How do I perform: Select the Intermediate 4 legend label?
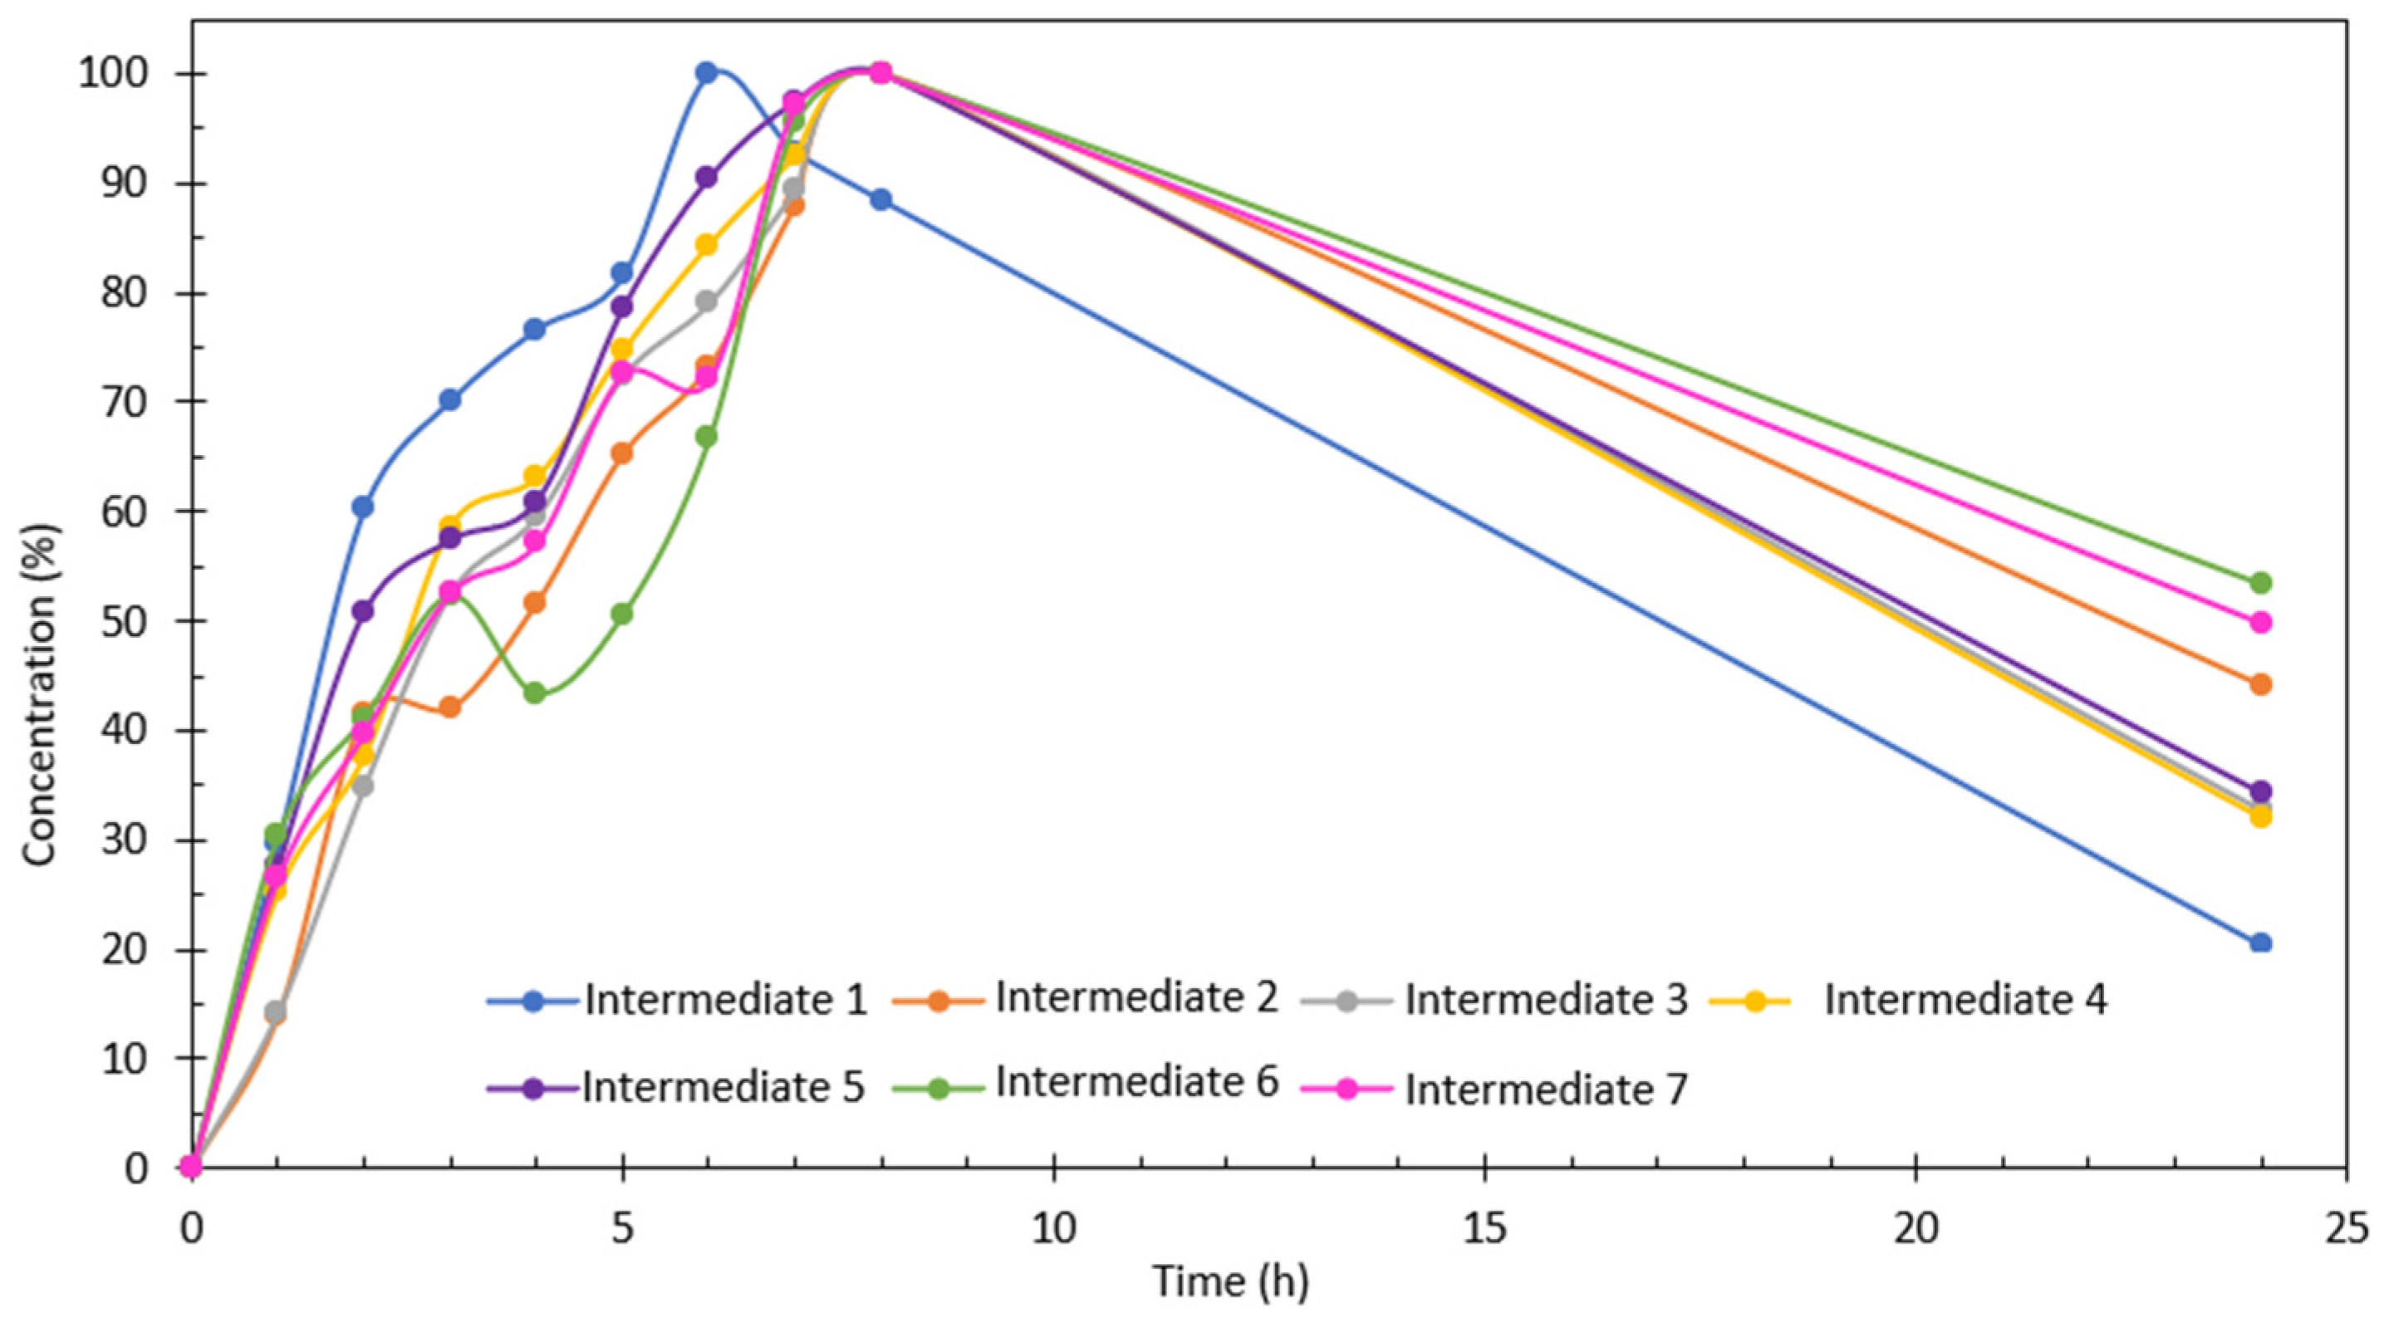click(x=1965, y=1001)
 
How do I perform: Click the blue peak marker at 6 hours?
click(x=706, y=72)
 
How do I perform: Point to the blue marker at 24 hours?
click(x=2260, y=943)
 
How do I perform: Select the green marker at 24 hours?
click(x=2260, y=582)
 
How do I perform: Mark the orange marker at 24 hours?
click(x=2260, y=685)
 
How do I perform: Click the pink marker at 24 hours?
click(x=2260, y=622)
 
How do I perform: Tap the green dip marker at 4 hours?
click(x=534, y=693)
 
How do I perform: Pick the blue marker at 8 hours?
click(x=881, y=200)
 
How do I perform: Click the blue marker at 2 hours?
click(x=363, y=507)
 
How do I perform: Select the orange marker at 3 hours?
click(x=449, y=707)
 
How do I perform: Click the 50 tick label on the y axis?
click(x=125, y=621)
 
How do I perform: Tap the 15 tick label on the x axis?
click(x=1484, y=1229)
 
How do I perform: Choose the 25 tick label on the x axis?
click(x=2345, y=1229)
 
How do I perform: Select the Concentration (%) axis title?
click(x=41, y=694)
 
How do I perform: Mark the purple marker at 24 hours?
click(x=2260, y=791)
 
